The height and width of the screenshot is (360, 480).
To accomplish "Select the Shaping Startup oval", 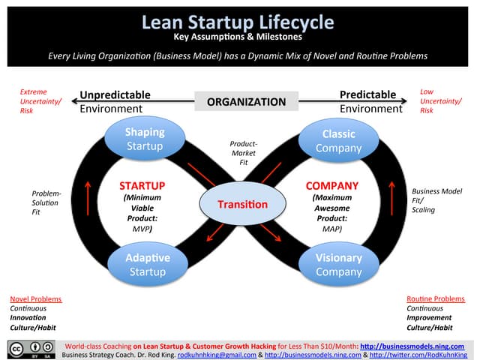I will coord(145,139).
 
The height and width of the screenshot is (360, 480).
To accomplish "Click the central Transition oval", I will coord(242,204).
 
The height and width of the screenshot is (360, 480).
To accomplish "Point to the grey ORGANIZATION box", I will coord(246,101).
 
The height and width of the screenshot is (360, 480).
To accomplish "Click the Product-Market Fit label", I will coord(244,152).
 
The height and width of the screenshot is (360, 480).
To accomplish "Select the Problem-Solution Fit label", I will coord(46,202).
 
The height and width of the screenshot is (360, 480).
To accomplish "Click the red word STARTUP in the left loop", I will coord(142,185).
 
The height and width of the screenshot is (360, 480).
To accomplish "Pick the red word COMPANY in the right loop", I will coord(332,185).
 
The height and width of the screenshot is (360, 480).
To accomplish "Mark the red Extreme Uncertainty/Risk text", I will coord(38,100).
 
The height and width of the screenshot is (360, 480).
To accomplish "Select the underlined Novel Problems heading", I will coord(35,298).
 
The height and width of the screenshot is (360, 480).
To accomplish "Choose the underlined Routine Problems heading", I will coord(435,298).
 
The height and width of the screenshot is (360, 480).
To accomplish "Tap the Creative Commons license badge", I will coord(31,349).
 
